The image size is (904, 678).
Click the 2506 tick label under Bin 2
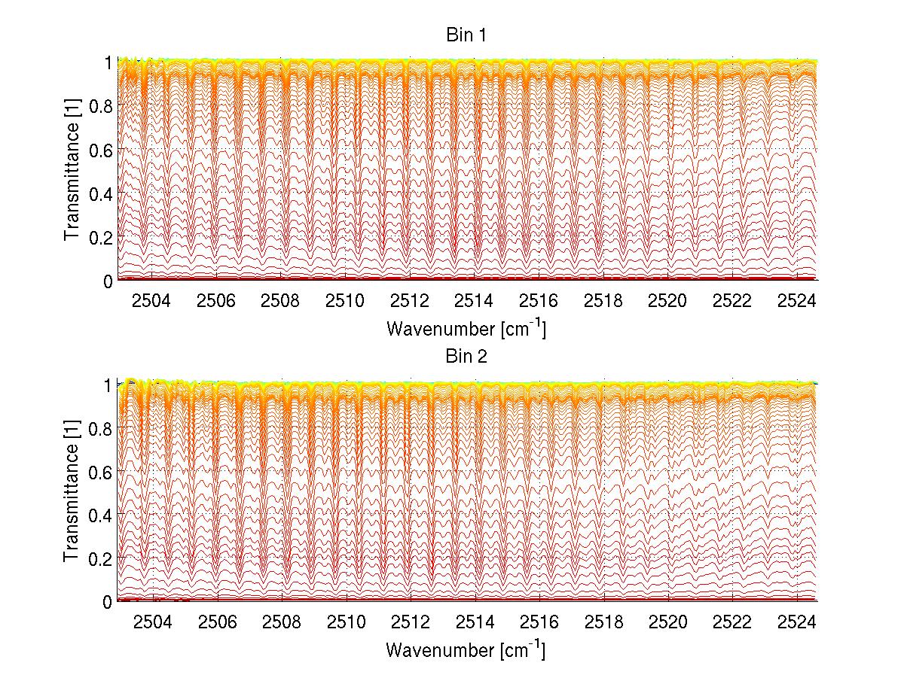point(216,622)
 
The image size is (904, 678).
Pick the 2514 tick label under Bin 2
point(475,622)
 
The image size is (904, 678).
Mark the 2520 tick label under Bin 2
point(668,622)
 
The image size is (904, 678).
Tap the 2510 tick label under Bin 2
point(346,622)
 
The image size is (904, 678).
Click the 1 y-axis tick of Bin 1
point(108,63)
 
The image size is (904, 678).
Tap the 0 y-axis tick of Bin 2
point(108,602)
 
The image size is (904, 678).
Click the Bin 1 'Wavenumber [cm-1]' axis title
point(466,328)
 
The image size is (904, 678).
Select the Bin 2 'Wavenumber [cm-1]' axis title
point(466,649)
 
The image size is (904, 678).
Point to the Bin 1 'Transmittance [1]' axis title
point(73,172)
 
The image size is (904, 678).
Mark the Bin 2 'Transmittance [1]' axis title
point(73,493)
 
